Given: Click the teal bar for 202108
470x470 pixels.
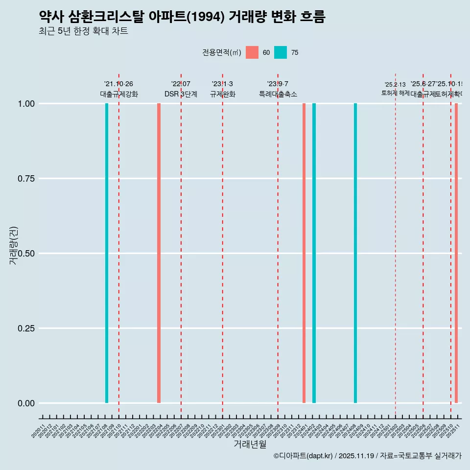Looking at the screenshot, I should [107, 253].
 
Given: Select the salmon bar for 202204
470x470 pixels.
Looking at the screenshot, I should [159, 253].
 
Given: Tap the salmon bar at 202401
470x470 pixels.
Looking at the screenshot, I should [304, 253].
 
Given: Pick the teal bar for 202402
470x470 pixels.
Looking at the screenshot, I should [314, 253].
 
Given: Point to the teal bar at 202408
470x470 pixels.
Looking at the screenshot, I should [355, 253].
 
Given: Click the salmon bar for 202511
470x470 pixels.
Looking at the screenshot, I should [456, 253].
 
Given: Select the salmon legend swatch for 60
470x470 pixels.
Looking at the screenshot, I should [252, 52].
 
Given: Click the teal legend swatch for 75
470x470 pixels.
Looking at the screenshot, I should [281, 52].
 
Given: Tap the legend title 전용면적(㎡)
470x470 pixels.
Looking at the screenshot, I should [222, 52].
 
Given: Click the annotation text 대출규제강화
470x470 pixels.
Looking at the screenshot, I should [119, 94].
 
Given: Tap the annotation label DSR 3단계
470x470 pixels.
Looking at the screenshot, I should [181, 94].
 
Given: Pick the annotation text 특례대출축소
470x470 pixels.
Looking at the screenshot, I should [278, 94].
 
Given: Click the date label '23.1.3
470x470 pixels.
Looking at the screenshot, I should [222, 84].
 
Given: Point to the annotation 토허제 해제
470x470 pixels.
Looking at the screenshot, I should [395, 93].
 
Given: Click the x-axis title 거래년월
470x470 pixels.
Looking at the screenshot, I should [250, 444].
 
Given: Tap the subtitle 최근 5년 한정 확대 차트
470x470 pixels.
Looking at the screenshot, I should [83, 31].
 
